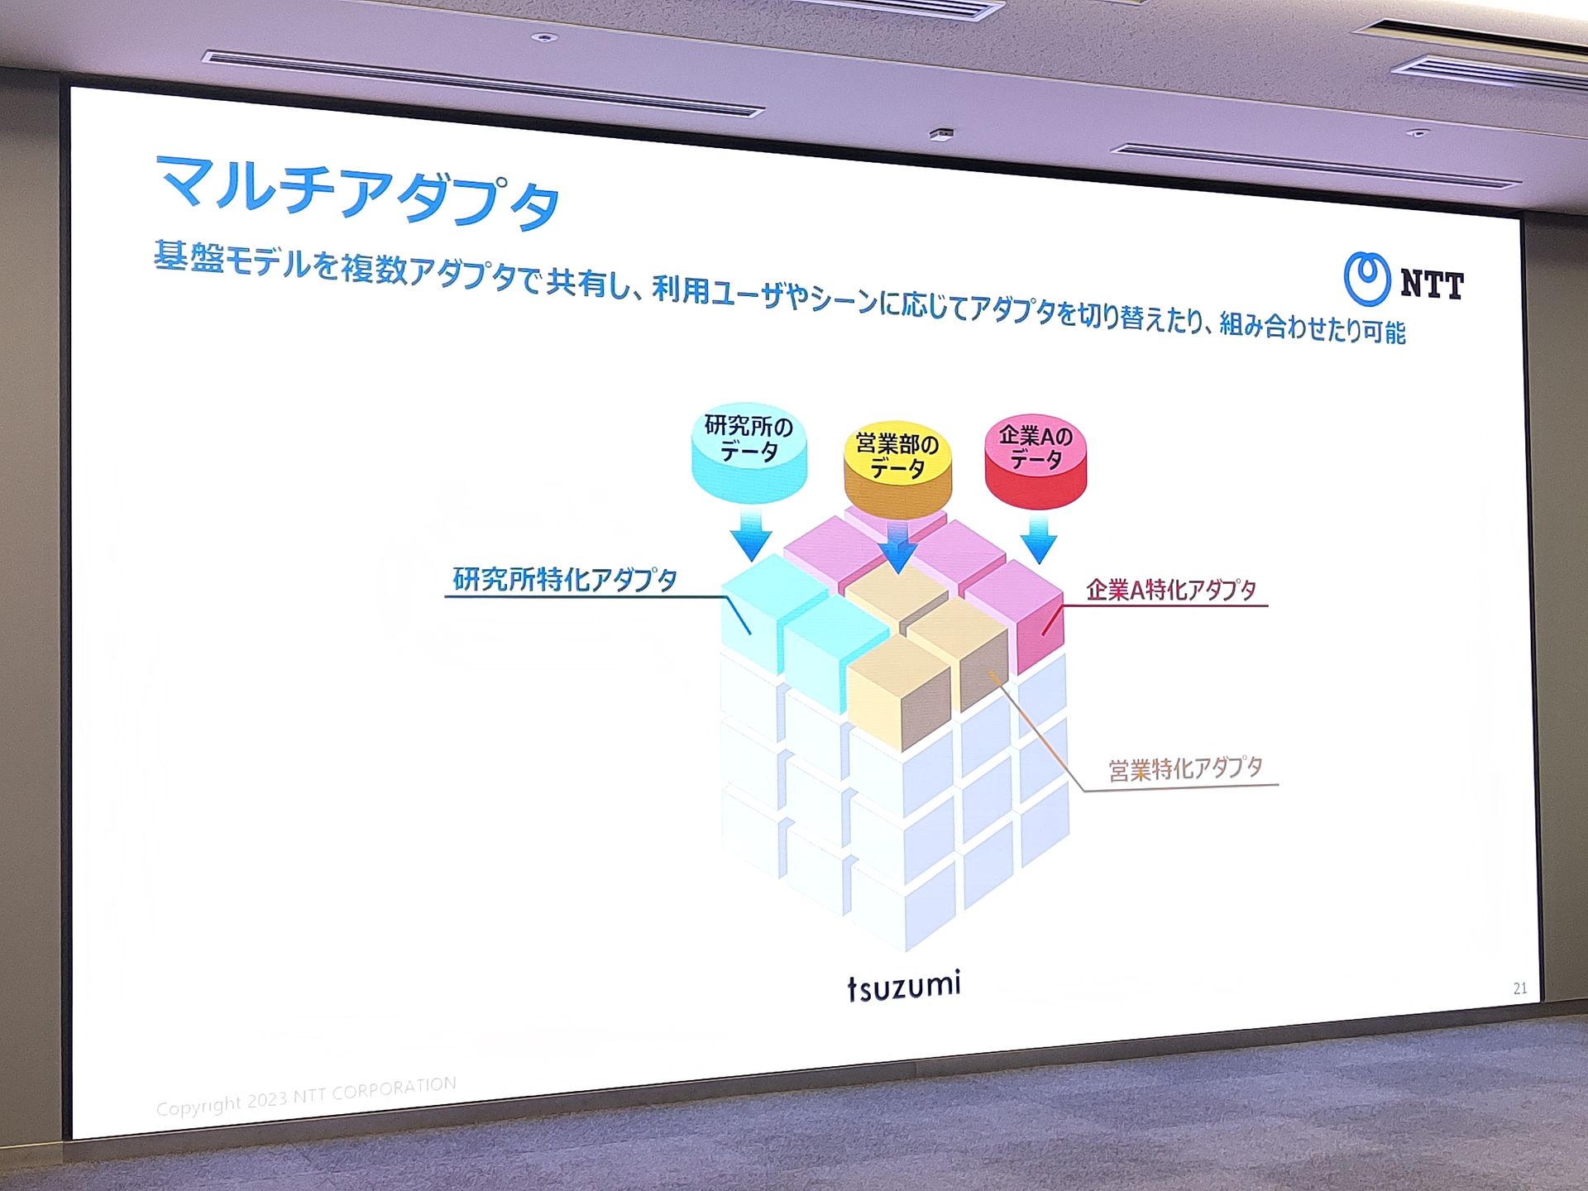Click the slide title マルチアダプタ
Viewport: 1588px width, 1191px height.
358,193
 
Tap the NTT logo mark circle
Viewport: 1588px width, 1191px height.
1366,279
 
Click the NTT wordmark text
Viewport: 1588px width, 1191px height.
1432,285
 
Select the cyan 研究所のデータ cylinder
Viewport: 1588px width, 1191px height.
749,452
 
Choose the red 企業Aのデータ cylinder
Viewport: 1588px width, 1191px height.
1036,461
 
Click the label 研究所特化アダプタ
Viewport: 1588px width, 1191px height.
565,579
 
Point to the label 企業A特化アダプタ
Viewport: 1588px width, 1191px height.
1171,590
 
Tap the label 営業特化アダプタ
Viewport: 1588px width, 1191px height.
1185,769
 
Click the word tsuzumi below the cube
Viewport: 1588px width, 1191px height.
904,985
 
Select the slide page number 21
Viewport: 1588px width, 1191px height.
1520,988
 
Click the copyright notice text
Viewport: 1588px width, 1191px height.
306,1096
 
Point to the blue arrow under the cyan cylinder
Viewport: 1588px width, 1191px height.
752,534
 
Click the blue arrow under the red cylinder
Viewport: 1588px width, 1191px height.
1039,539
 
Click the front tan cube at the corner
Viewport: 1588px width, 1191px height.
899,691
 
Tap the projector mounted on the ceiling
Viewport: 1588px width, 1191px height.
941,134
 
